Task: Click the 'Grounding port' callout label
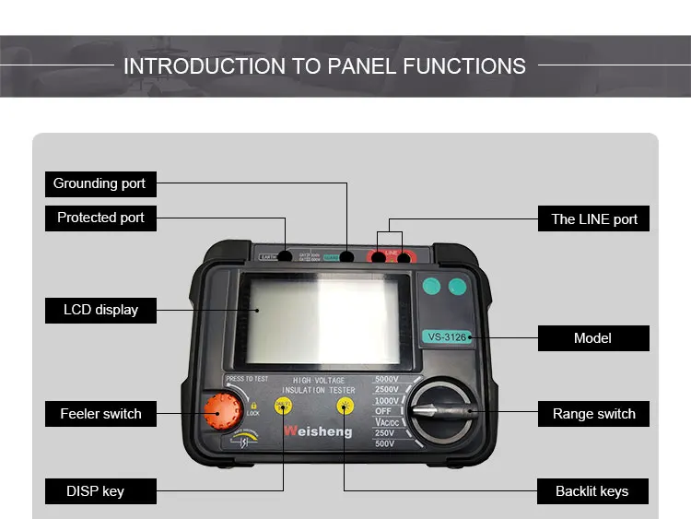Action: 100,183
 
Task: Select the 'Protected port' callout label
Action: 100,218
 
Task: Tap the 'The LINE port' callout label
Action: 594,219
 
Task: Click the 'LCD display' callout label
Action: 100,310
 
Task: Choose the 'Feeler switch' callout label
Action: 100,414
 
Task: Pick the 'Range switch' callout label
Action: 593,414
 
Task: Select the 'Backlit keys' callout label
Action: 592,491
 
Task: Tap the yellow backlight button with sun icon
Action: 345,406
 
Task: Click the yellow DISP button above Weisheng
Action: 284,406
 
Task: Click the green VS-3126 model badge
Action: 446,336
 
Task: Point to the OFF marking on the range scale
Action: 382,411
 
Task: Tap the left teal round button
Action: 430,287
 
